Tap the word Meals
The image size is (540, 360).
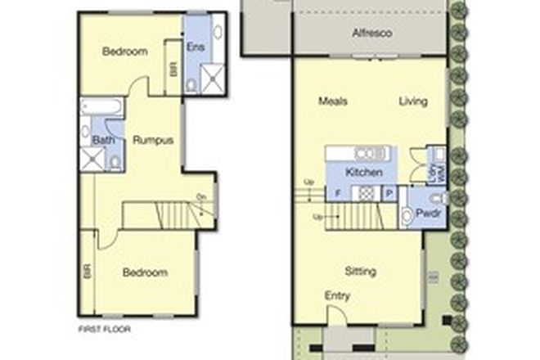click(333, 101)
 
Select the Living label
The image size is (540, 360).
click(413, 101)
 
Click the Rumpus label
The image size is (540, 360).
click(153, 140)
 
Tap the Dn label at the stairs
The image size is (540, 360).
click(200, 196)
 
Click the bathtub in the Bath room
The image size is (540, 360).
click(102, 106)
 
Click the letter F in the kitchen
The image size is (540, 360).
click(336, 193)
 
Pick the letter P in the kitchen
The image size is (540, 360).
click(389, 193)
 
